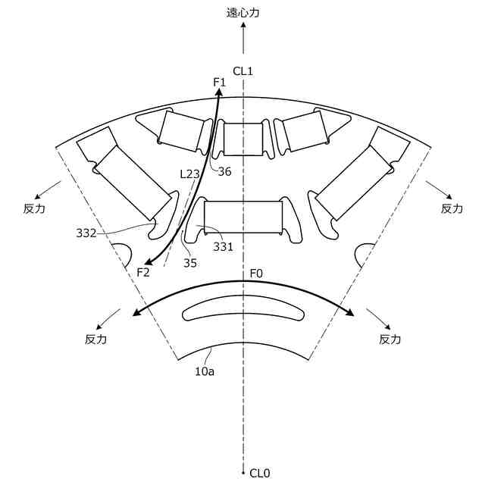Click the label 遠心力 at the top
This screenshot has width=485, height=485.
point(242,12)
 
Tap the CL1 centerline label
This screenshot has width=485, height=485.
point(242,71)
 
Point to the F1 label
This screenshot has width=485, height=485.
point(220,82)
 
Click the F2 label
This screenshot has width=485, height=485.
point(143,271)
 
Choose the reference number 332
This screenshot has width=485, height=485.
point(86,233)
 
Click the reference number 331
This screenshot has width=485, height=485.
point(223,246)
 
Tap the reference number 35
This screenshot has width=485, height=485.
point(189,263)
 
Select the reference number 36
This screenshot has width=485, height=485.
point(224,171)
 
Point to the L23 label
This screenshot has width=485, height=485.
point(189,174)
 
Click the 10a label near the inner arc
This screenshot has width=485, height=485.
point(205,371)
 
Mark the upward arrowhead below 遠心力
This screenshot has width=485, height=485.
point(242,26)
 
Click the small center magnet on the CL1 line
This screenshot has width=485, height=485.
point(242,139)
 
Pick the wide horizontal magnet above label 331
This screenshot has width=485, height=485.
point(243,217)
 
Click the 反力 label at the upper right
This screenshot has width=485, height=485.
point(452,208)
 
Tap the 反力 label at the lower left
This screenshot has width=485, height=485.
point(96,339)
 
